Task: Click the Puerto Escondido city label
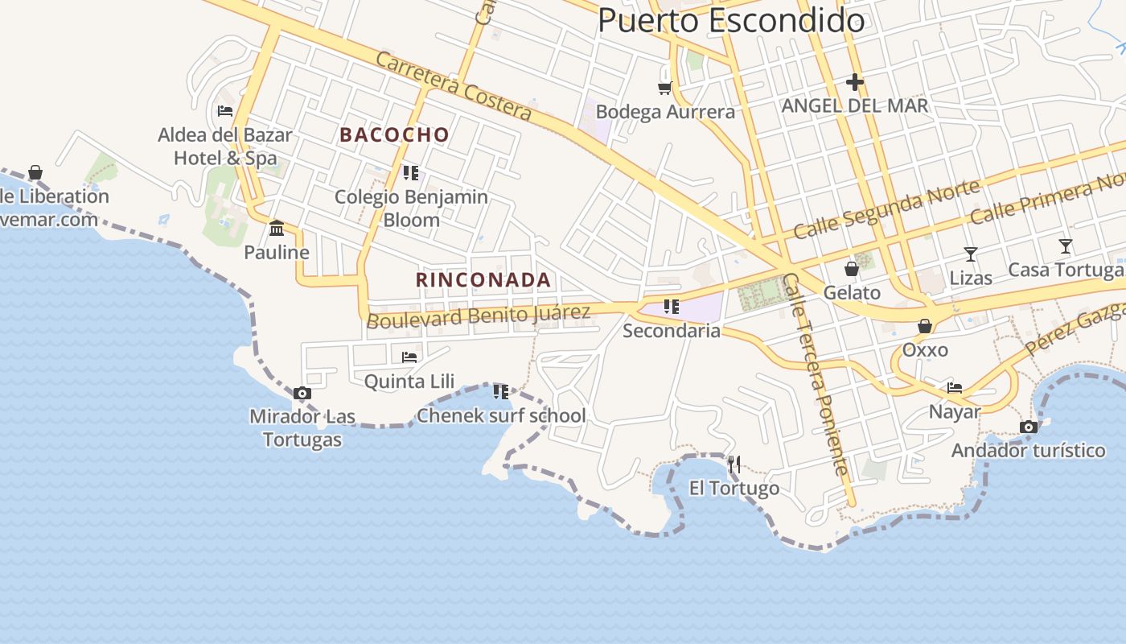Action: coord(731,21)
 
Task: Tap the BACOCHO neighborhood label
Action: coord(394,134)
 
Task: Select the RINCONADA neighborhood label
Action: coord(483,280)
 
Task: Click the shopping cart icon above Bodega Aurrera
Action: coord(665,88)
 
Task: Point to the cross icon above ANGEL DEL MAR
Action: coord(854,82)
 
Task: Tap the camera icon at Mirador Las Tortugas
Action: coord(302,394)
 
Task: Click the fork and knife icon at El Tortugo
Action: coord(734,464)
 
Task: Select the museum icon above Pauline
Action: coord(277,229)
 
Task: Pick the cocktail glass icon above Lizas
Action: coord(971,254)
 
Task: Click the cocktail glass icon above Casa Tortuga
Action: coord(1066,246)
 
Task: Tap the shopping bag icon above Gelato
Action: coord(852,269)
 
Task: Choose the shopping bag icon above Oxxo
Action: coord(925,326)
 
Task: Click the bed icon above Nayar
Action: coord(955,387)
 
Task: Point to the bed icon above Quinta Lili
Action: coord(409,357)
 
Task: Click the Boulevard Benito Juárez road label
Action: coord(479,316)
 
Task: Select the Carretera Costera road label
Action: coord(454,86)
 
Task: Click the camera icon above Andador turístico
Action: coord(1028,427)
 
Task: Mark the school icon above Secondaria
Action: coord(672,307)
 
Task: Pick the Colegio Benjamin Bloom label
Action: coord(411,208)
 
